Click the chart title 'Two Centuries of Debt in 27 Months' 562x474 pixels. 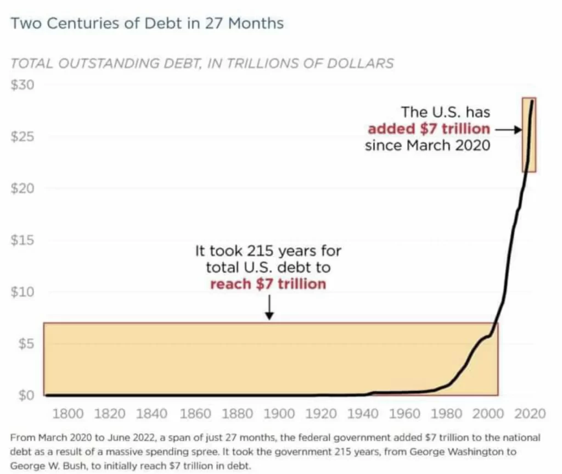pyautogui.click(x=147, y=24)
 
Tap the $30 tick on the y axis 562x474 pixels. pyautogui.click(x=23, y=85)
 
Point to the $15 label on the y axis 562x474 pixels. pyautogui.click(x=23, y=240)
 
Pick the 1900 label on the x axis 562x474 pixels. pyautogui.click(x=279, y=414)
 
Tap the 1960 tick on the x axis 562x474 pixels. pyautogui.click(x=407, y=414)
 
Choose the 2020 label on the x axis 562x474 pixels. pyautogui.click(x=530, y=414)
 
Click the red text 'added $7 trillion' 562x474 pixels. pyautogui.click(x=429, y=129)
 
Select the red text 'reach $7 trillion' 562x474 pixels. pyautogui.click(x=268, y=284)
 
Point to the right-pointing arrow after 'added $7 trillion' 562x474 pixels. pyautogui.click(x=507, y=130)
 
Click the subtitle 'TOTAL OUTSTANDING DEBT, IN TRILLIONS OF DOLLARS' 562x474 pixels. pyautogui.click(x=202, y=63)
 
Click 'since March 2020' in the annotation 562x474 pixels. pyautogui.click(x=428, y=146)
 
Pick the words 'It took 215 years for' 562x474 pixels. pyautogui.click(x=268, y=251)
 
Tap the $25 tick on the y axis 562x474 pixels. pyautogui.click(x=23, y=137)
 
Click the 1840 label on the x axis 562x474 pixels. pyautogui.click(x=152, y=414)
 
